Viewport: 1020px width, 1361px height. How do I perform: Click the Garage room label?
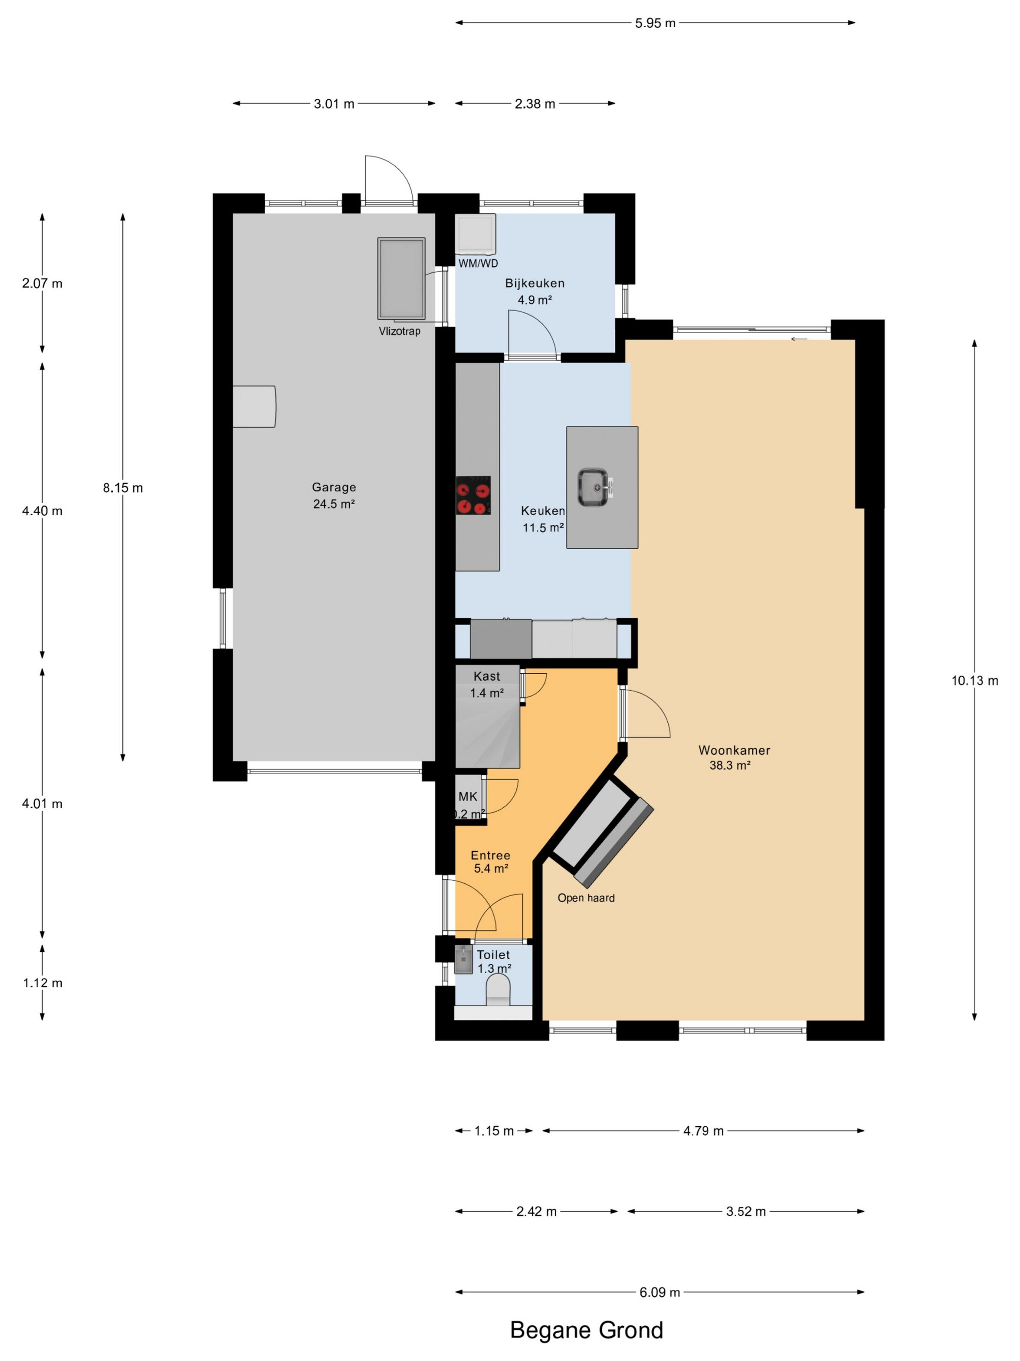point(334,488)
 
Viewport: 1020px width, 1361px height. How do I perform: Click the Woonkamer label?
point(734,750)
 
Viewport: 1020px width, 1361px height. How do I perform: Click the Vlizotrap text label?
point(400,331)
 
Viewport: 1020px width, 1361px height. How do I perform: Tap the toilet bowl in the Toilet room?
point(498,992)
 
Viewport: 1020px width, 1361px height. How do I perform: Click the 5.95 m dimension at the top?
point(655,23)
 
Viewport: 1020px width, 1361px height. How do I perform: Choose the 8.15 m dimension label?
point(123,488)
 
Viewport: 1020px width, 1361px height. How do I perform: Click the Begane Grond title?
point(587,1329)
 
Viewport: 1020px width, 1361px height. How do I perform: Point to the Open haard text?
point(586,898)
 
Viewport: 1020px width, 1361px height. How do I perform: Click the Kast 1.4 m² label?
point(487,684)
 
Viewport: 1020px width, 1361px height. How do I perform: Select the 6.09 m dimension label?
point(660,1292)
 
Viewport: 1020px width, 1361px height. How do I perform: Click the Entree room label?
point(491,855)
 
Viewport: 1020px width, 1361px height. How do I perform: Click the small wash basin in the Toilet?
point(463,959)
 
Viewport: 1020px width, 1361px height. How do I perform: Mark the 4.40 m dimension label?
point(42,511)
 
